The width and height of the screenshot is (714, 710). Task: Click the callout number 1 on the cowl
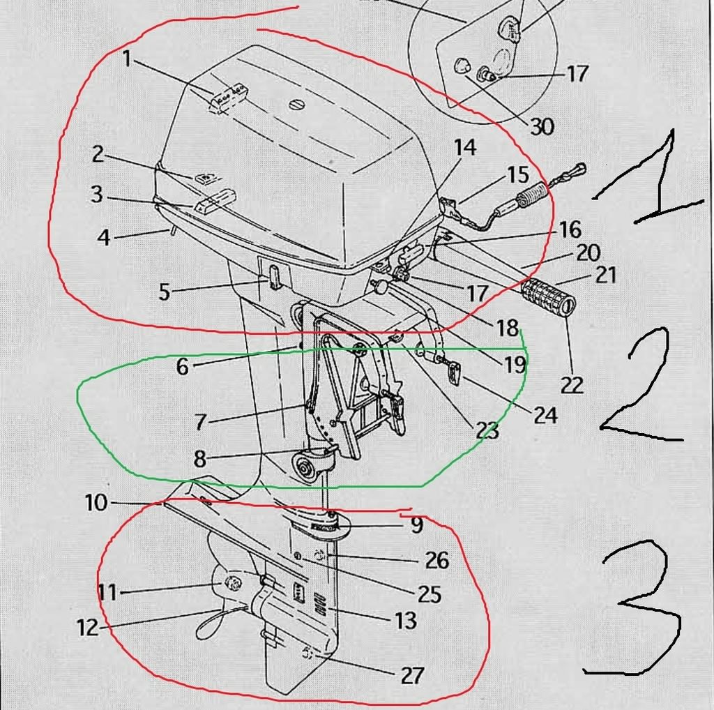click(127, 59)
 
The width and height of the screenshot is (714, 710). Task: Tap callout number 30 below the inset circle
click(542, 126)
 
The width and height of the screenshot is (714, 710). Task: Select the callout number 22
click(572, 385)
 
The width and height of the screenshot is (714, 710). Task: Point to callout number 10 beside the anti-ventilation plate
click(96, 503)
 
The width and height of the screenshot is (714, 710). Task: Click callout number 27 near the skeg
click(412, 675)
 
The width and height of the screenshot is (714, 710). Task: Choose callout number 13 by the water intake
click(405, 620)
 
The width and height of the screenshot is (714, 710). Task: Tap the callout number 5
click(165, 292)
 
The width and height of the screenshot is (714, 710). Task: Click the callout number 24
click(545, 415)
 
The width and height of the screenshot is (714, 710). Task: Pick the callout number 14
click(465, 147)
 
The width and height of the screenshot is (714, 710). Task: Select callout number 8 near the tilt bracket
click(200, 459)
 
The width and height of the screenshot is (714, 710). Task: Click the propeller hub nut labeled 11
click(233, 584)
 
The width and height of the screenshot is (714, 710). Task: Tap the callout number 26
click(437, 560)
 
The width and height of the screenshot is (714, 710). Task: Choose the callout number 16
click(570, 230)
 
